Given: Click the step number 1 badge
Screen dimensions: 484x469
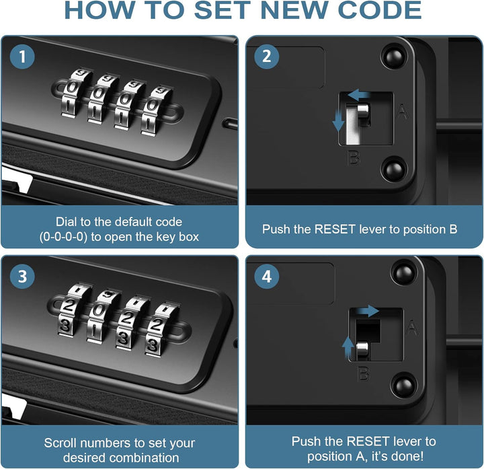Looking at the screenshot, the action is pyautogui.click(x=22, y=57).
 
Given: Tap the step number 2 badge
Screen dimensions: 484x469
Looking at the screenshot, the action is pyautogui.click(x=266, y=57).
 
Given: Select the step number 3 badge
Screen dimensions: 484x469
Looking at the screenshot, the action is pyautogui.click(x=22, y=276).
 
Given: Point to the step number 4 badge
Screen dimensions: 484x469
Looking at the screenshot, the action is pyautogui.click(x=266, y=276).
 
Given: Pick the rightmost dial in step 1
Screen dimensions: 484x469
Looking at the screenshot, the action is pyautogui.click(x=156, y=110).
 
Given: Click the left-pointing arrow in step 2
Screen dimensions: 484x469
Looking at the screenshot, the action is pyautogui.click(x=358, y=95).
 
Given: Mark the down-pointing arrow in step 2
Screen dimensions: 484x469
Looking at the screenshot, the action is pyautogui.click(x=338, y=120).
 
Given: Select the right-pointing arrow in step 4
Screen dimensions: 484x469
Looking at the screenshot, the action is pyautogui.click(x=366, y=312).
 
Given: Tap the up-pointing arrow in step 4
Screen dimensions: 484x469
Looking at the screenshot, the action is pyautogui.click(x=348, y=347).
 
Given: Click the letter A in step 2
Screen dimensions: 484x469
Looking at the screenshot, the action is pyautogui.click(x=403, y=112).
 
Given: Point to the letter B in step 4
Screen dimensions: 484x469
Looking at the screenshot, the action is pyautogui.click(x=363, y=373).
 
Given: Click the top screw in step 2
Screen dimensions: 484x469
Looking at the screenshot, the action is pyautogui.click(x=394, y=57).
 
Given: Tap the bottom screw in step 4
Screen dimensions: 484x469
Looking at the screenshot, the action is pyautogui.click(x=403, y=386).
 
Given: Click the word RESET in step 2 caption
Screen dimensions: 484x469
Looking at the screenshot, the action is pyautogui.click(x=335, y=229).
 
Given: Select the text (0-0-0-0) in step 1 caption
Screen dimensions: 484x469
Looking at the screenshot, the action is pyautogui.click(x=63, y=238).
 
